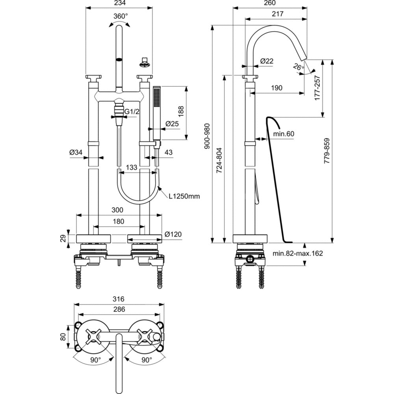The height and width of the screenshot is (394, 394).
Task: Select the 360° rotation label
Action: (x=121, y=16)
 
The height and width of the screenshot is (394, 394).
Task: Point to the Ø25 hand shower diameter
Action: (x=172, y=124)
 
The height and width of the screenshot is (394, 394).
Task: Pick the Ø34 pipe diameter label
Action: (x=76, y=152)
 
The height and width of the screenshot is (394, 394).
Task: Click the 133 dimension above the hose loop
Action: (x=131, y=167)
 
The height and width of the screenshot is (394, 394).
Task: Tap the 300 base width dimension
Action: (x=117, y=210)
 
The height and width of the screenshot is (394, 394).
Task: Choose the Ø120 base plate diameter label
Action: (x=173, y=234)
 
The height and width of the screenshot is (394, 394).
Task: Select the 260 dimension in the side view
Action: (x=269, y=3)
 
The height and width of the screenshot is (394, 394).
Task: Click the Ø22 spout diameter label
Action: (x=267, y=61)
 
